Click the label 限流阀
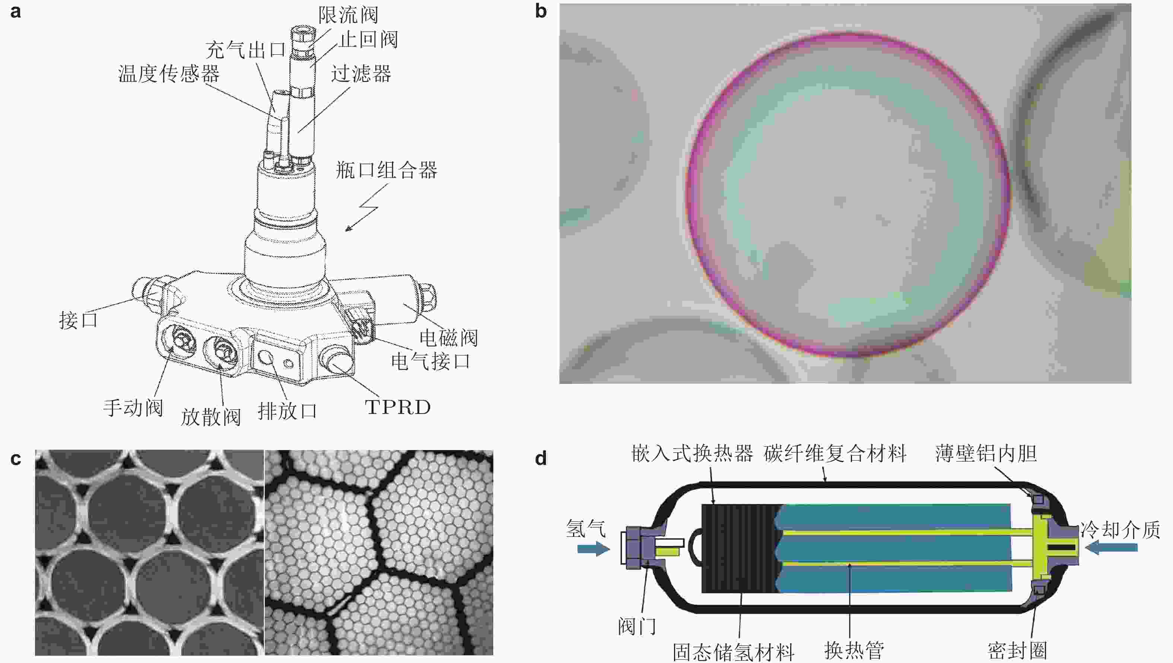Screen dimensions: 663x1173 [x=348, y=15]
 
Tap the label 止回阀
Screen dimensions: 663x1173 [x=368, y=39]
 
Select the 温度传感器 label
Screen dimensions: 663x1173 [x=168, y=73]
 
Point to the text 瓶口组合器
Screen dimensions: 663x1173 [x=386, y=170]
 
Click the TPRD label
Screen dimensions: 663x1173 [x=398, y=407]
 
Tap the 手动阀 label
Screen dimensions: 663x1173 [x=133, y=407]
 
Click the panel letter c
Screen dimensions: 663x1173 [x=16, y=459]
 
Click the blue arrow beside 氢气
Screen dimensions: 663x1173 [x=593, y=549]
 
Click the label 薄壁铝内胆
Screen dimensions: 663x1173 [x=986, y=453]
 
